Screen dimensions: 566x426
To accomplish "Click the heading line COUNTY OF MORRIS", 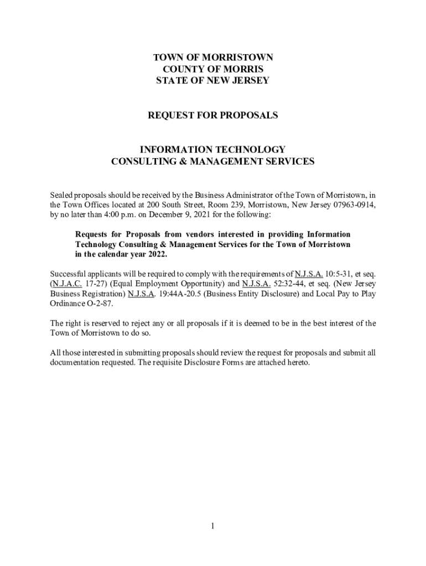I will click(213, 69).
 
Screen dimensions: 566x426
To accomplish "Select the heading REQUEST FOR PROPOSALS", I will click(213, 116).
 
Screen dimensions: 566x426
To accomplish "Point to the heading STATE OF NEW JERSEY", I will click(213, 81).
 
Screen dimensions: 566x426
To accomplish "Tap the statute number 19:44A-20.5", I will click(176, 294).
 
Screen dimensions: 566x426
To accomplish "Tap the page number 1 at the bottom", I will click(212, 526).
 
